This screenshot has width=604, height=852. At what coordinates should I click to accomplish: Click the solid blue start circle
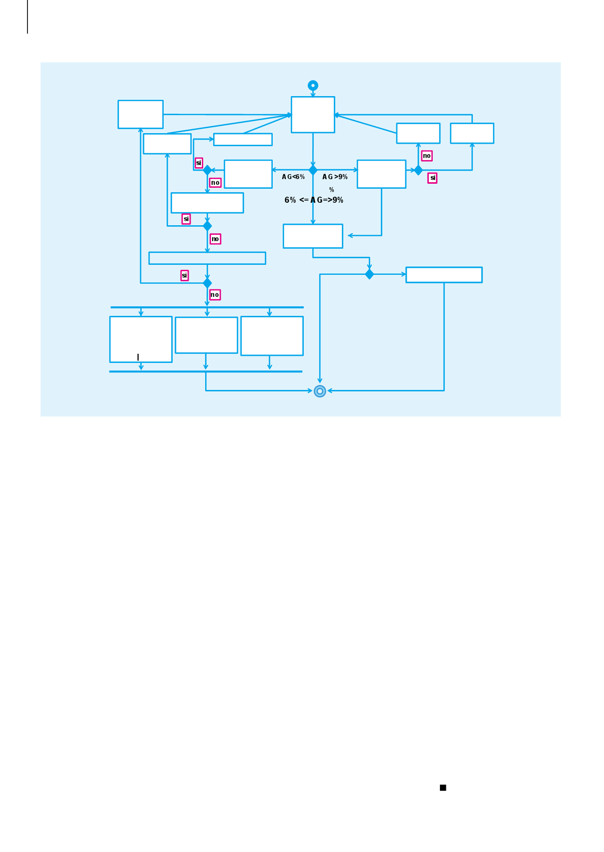pos(313,86)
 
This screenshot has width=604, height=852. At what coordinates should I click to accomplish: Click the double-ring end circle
pos(320,391)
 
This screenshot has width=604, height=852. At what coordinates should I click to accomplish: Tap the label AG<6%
pos(293,177)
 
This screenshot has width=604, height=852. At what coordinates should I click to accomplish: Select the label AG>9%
pos(335,177)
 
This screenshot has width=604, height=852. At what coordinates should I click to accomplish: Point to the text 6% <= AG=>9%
pos(314,200)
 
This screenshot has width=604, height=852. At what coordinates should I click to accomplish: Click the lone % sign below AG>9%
pos(331,190)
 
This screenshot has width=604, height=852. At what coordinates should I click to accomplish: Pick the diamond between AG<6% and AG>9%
pos(313,170)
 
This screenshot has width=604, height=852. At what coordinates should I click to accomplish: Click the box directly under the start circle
pos(313,115)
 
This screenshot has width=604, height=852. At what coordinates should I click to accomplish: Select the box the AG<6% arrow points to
pos(248,174)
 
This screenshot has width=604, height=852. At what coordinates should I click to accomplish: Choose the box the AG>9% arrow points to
pos(381,174)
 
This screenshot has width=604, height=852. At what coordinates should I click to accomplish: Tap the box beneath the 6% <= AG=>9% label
pos(313,236)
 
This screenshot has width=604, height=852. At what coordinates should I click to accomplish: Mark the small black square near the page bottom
pos(443,787)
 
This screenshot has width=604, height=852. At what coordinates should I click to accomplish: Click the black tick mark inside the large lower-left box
pos(138,357)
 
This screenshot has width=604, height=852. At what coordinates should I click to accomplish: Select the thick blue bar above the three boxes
pos(207,307)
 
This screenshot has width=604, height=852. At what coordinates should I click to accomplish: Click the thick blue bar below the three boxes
pos(206,371)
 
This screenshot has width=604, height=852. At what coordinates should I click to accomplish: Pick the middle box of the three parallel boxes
pos(206,335)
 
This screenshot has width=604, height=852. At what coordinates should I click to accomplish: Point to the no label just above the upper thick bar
pos(215,295)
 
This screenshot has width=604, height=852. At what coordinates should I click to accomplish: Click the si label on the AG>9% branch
pos(432,178)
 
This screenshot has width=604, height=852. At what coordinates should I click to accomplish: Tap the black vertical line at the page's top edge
pos(28,17)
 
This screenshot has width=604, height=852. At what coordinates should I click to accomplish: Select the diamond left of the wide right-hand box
pos(369,274)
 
